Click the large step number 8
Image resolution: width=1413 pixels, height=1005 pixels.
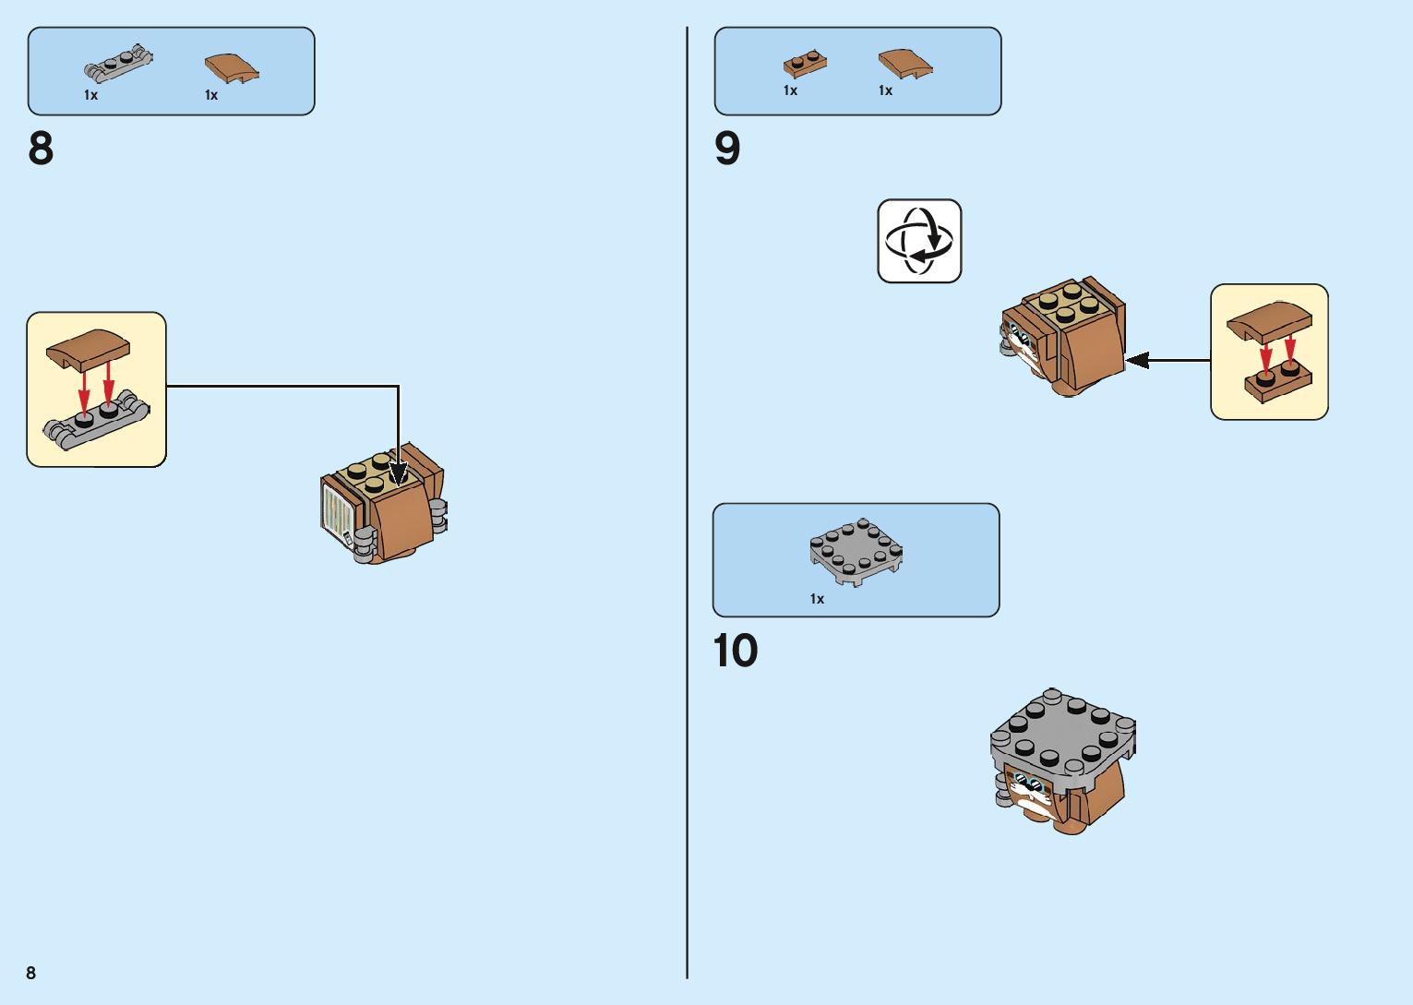click(x=42, y=149)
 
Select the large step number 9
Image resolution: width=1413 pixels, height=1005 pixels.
click(x=727, y=149)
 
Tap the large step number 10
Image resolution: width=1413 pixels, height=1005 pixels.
click(x=736, y=651)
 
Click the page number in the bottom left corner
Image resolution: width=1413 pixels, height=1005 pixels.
click(x=31, y=973)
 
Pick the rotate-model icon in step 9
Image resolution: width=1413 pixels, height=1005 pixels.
click(x=919, y=241)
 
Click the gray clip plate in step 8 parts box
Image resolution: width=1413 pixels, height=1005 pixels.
click(x=118, y=64)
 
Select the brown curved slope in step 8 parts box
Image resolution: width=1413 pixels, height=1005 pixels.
click(x=231, y=67)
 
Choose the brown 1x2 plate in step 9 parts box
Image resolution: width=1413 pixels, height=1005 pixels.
click(x=805, y=63)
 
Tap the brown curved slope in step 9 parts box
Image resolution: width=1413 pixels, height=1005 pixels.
click(x=904, y=63)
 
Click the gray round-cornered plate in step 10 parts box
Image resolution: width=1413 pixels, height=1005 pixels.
click(x=856, y=551)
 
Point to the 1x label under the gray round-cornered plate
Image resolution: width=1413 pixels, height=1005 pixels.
click(x=817, y=599)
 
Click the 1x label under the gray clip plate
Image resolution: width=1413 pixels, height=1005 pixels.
click(x=90, y=95)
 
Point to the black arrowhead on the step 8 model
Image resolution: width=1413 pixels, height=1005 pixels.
click(x=398, y=473)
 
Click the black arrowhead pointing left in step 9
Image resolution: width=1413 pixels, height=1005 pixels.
click(x=1138, y=360)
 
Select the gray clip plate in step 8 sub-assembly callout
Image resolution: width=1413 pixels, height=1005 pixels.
click(x=96, y=424)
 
